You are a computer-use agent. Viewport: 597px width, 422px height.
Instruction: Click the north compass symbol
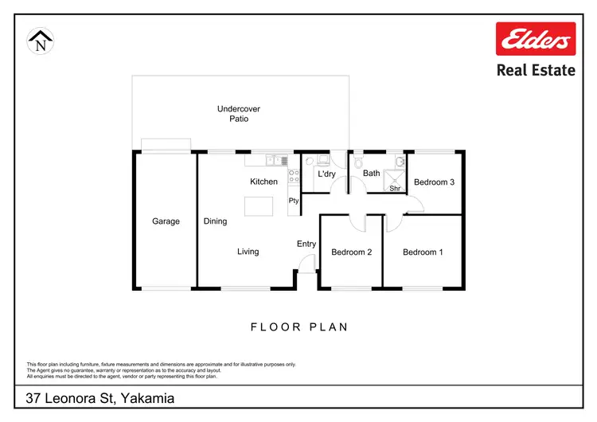point(40,41)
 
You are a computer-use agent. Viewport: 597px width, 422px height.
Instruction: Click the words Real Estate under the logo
point(535,70)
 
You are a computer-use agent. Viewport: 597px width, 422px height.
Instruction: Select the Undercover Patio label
point(239,114)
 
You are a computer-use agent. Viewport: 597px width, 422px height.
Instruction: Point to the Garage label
point(166,221)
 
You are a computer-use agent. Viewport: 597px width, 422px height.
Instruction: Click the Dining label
point(215,221)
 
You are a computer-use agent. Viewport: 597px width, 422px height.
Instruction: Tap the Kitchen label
point(263,182)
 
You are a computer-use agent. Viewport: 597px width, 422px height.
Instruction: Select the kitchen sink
point(276,161)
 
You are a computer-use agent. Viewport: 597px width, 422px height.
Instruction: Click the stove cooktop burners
point(293,177)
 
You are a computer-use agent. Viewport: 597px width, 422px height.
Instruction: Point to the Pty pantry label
point(294,201)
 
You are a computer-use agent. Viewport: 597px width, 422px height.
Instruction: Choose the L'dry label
point(326,174)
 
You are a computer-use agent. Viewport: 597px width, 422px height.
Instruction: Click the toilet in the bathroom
point(360,161)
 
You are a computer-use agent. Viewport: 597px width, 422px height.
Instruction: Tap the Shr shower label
point(394,189)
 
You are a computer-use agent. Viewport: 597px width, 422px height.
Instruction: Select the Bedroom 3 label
point(434,182)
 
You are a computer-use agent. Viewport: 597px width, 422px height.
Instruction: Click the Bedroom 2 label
point(352,252)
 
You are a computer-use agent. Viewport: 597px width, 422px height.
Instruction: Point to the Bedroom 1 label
point(423,252)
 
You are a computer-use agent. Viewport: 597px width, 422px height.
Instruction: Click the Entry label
point(306,244)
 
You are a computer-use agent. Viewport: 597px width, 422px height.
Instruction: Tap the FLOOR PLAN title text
point(299,326)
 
